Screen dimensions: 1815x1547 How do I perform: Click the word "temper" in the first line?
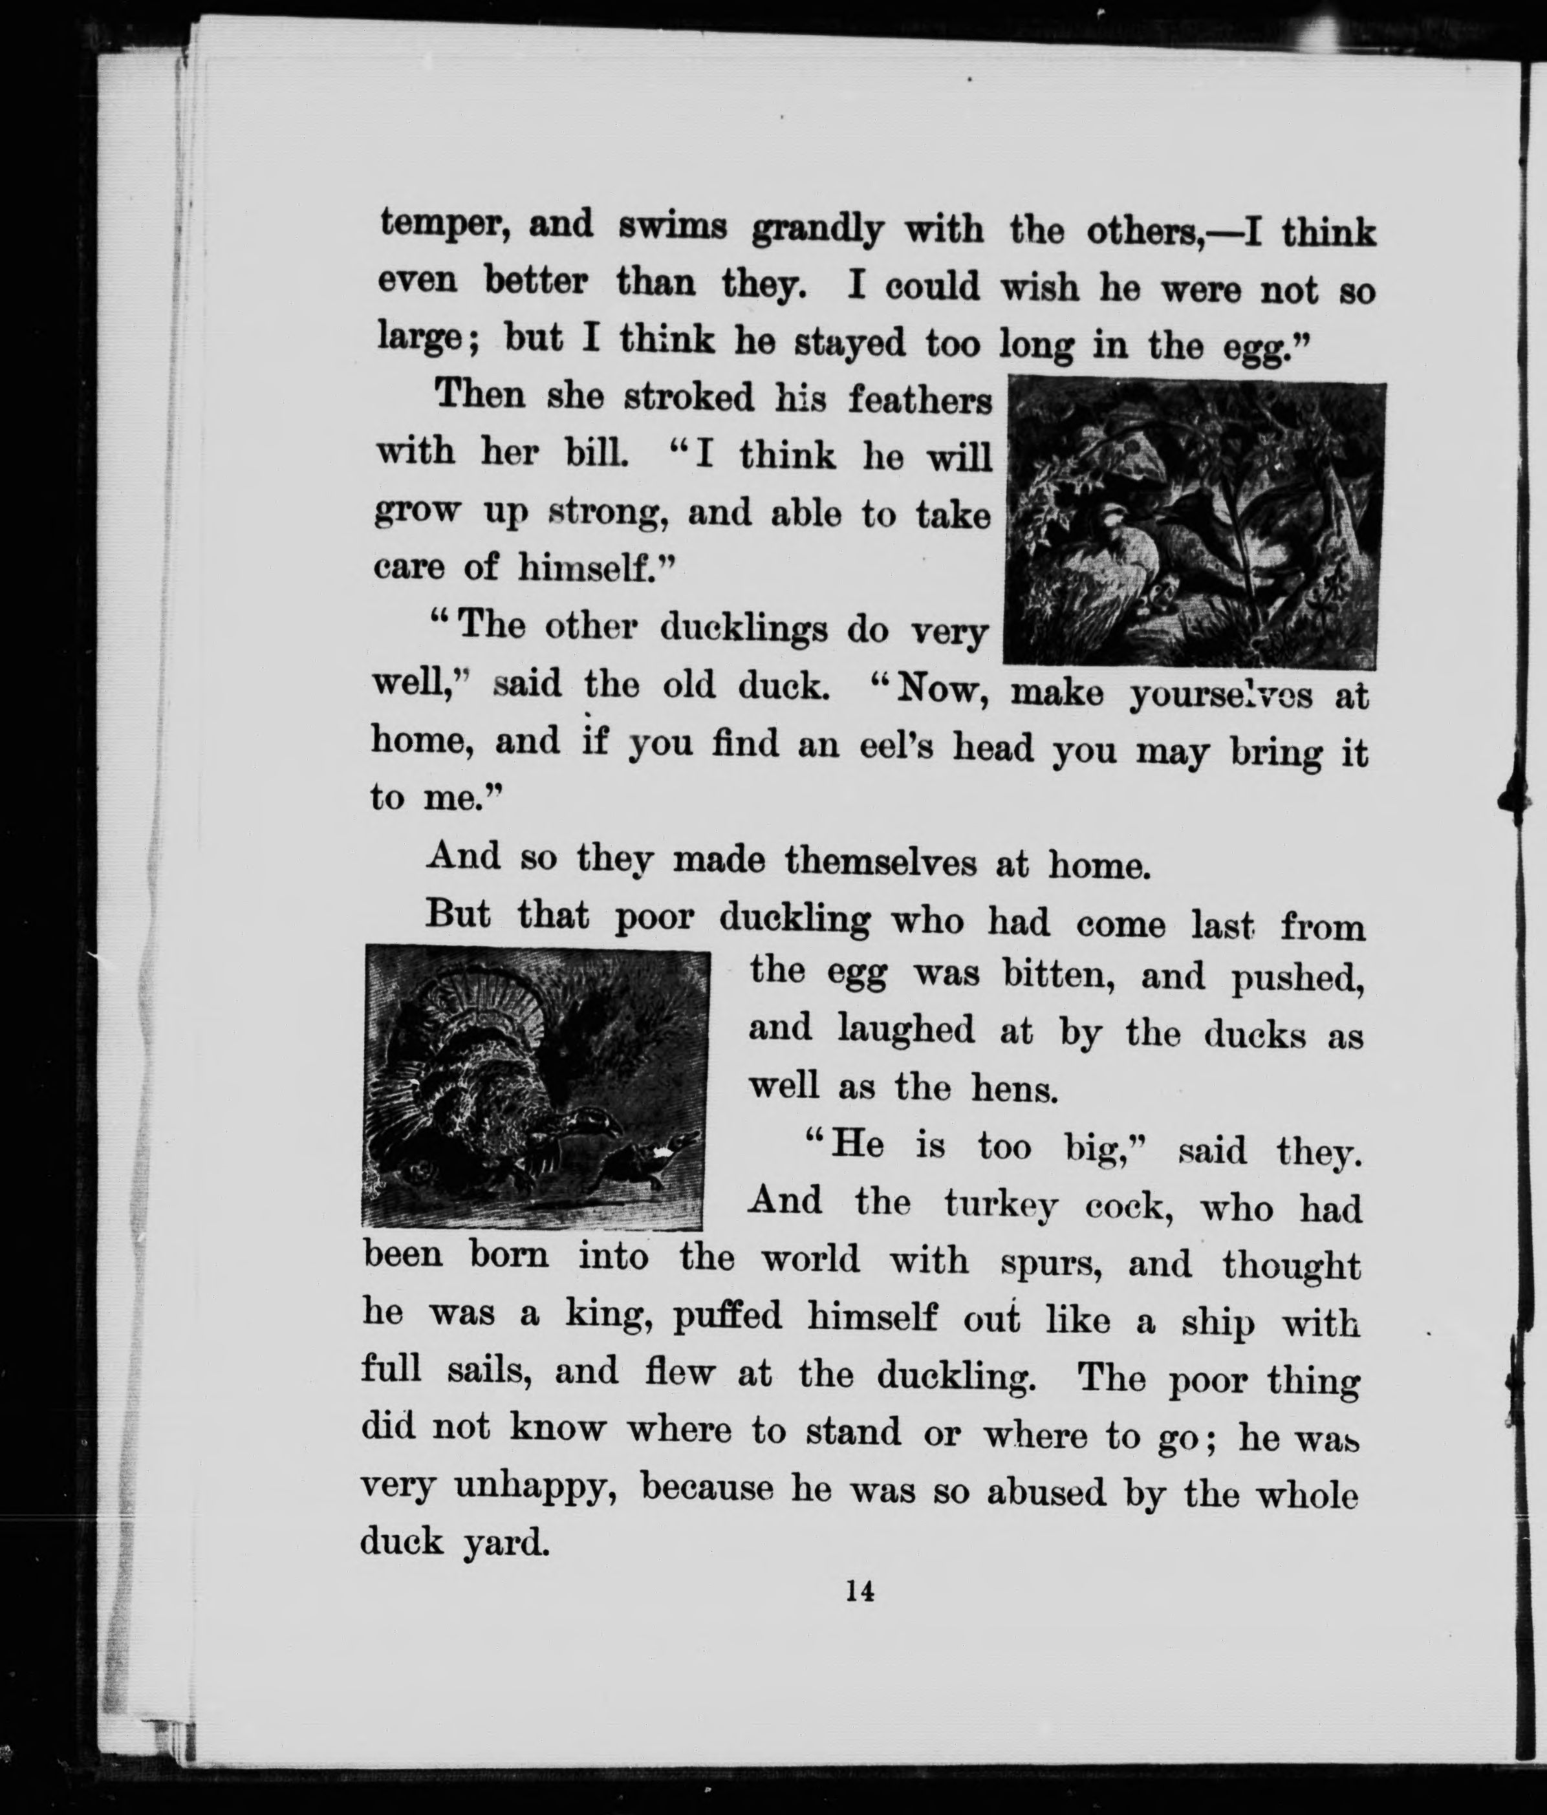coord(442,227)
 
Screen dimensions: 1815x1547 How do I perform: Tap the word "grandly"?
coord(817,230)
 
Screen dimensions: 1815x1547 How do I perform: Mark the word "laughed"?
coord(906,1029)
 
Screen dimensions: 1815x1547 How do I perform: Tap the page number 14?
coord(860,1592)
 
